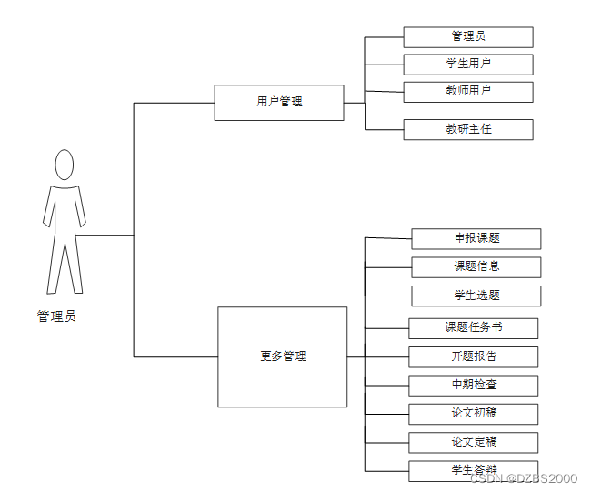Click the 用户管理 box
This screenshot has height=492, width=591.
pyautogui.click(x=279, y=102)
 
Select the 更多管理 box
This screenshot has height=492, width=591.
pyautogui.click(x=282, y=356)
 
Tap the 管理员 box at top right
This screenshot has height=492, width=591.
pyautogui.click(x=468, y=36)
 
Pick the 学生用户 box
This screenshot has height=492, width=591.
pyautogui.click(x=468, y=64)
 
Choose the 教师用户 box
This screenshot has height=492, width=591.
pyautogui.click(x=468, y=91)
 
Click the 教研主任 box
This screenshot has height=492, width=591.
pyautogui.click(x=468, y=129)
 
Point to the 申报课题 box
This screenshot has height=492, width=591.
pyautogui.click(x=476, y=238)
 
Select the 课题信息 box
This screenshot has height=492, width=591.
pyautogui.click(x=476, y=266)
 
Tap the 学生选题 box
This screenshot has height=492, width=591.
pyautogui.click(x=476, y=295)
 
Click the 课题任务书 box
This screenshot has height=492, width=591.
pyautogui.click(x=473, y=328)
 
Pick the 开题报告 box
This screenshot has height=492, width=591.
pyautogui.click(x=473, y=356)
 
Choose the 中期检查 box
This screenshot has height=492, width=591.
pyautogui.click(x=473, y=385)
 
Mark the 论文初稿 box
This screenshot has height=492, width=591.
pyautogui.click(x=473, y=413)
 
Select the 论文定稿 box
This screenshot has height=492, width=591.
pyautogui.click(x=473, y=442)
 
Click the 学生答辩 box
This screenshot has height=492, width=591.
pyautogui.click(x=473, y=469)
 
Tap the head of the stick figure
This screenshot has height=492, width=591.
pyautogui.click(x=64, y=166)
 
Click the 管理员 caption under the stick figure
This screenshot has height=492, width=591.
pyautogui.click(x=56, y=316)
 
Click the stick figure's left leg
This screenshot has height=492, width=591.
pyautogui.click(x=54, y=268)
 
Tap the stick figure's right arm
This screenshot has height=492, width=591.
pyautogui.click(x=82, y=209)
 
